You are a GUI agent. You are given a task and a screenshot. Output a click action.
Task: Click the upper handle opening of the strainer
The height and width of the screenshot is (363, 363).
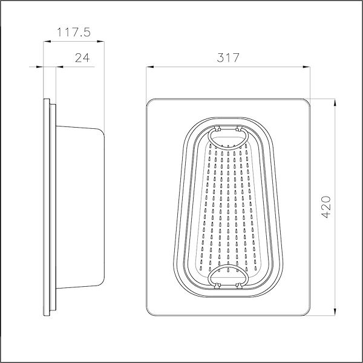click(227, 137)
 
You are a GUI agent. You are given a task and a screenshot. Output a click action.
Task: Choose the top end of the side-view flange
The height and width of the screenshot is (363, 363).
click(48, 100)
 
